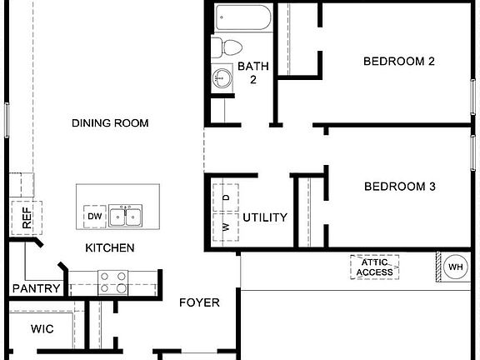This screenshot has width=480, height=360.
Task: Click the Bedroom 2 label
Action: pyautogui.click(x=399, y=61)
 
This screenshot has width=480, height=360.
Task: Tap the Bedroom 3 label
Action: pyautogui.click(x=399, y=187)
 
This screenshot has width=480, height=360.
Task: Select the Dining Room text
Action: pyautogui.click(x=110, y=123)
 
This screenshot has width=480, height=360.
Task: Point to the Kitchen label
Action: pyautogui.click(x=110, y=247)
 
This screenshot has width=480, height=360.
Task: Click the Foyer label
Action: pyautogui.click(x=200, y=302)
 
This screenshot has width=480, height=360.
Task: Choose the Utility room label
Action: pyautogui.click(x=265, y=217)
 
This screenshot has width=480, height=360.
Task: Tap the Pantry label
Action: pyautogui.click(x=37, y=289)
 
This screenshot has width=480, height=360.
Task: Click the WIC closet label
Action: pyautogui.click(x=42, y=329)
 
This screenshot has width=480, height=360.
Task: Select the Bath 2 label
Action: pyautogui.click(x=252, y=72)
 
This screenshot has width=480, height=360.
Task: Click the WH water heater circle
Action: pyautogui.click(x=455, y=267)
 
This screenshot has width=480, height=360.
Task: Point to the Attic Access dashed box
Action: pyautogui.click(x=374, y=267)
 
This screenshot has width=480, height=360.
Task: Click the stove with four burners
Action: pyautogui.click(x=112, y=282)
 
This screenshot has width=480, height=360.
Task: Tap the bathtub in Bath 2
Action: pyautogui.click(x=242, y=17)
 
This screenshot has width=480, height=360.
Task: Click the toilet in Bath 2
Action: pyautogui.click(x=226, y=47)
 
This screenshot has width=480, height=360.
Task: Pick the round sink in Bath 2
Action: pyautogui.click(x=222, y=78)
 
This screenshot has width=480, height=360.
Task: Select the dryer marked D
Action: pyautogui.click(x=226, y=198)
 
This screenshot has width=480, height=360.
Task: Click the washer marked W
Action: pyautogui.click(x=226, y=226)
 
